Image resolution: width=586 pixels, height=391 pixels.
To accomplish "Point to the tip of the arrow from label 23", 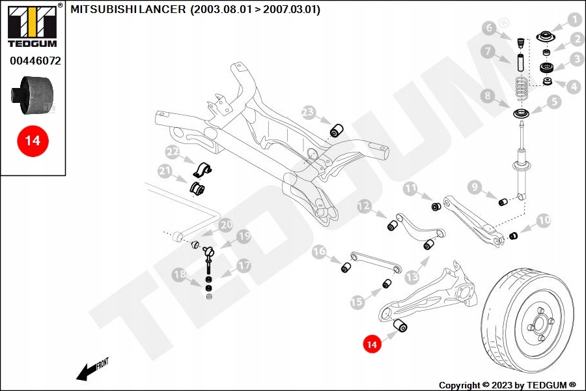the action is [331, 124].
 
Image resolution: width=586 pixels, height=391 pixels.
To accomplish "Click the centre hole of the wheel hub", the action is [538, 323].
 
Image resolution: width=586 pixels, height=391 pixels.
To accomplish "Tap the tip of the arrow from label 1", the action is [551, 32].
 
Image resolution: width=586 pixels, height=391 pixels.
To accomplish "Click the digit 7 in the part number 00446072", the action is [48, 61].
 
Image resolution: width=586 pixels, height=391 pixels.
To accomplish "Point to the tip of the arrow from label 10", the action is [519, 233].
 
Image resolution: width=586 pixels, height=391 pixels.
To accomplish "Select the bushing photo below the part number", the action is [32, 95].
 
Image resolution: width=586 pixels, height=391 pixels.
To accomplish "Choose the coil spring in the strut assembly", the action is [522, 89].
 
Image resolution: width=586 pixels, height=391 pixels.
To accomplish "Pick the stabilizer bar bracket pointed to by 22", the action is [202, 170].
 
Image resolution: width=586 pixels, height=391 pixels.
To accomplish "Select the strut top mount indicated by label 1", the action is [546, 37].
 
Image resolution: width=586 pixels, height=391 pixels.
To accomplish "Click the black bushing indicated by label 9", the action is [503, 202].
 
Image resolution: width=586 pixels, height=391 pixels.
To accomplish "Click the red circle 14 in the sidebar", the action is [33, 141].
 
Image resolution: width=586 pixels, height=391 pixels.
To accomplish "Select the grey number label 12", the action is [364, 206].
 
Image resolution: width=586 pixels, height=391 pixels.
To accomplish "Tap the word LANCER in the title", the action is [163, 9].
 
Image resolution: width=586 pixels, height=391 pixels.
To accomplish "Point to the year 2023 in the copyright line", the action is [501, 385].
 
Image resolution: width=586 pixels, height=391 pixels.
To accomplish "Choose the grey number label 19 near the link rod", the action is [244, 237].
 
